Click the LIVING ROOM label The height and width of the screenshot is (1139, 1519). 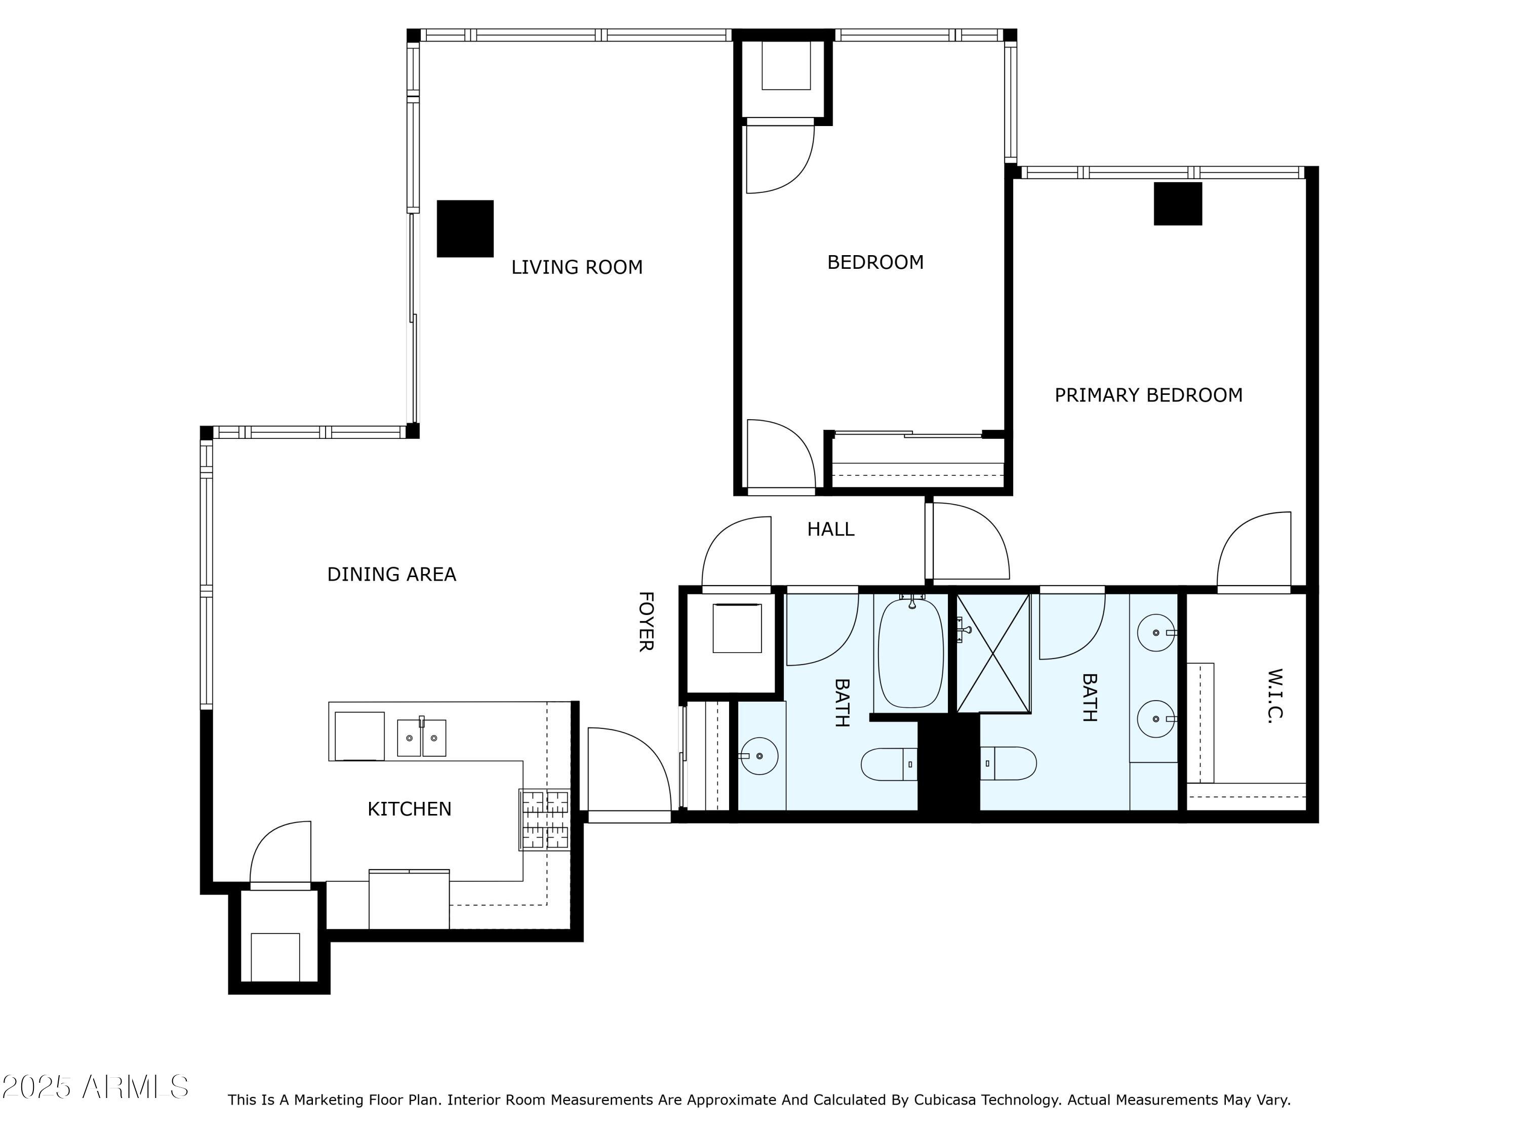(x=576, y=267)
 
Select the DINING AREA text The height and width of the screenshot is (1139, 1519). (x=391, y=575)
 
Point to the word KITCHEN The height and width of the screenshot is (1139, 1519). (x=409, y=809)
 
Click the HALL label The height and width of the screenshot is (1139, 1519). (x=830, y=530)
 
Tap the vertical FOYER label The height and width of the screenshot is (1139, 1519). (x=646, y=621)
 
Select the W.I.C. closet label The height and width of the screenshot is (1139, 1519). (x=1274, y=696)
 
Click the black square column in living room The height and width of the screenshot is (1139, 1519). (x=465, y=229)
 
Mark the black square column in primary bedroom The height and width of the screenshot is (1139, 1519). (x=1177, y=204)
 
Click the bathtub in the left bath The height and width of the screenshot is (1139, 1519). (x=910, y=652)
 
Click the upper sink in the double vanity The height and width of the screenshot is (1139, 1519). (x=1156, y=632)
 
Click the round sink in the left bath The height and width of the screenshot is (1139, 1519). (x=759, y=756)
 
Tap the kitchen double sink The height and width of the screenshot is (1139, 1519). (x=421, y=738)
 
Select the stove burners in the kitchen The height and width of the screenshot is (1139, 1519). (x=544, y=820)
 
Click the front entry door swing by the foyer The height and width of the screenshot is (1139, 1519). (x=628, y=772)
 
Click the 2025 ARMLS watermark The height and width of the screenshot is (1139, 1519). (x=95, y=1087)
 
